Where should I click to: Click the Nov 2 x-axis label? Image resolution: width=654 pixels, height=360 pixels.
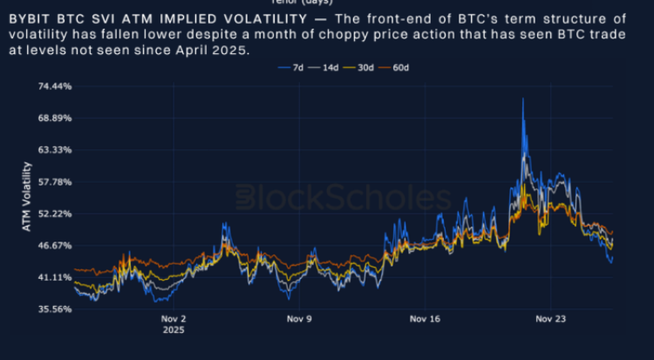pos(174,319)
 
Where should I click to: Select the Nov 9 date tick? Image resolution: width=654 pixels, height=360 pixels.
pos(300,319)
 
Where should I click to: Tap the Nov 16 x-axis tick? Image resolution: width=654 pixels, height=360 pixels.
pos(425,319)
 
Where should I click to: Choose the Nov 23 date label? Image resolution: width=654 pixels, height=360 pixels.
pos(550,319)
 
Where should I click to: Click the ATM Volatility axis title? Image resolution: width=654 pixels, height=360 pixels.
pos(26,197)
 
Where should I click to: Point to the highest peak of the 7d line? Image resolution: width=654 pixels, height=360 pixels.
pos(522,99)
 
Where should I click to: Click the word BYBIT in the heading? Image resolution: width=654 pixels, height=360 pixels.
pos(27,17)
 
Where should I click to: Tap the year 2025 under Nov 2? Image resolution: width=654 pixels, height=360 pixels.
pos(174,330)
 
